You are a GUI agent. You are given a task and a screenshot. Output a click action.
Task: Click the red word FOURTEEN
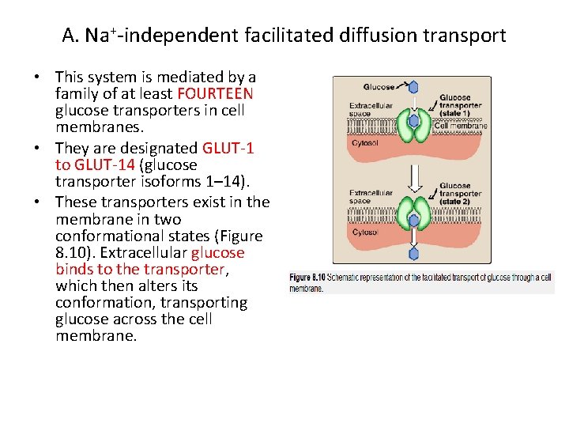[221, 93]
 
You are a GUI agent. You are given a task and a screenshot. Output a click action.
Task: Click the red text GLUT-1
[228, 148]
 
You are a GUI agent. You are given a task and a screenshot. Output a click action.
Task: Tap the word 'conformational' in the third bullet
[104, 236]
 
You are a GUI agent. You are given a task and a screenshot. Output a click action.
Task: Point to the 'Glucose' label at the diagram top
[379, 87]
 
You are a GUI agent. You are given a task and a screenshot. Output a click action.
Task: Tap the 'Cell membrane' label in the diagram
[461, 125]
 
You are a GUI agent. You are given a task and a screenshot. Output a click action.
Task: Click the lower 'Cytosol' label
[364, 232]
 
